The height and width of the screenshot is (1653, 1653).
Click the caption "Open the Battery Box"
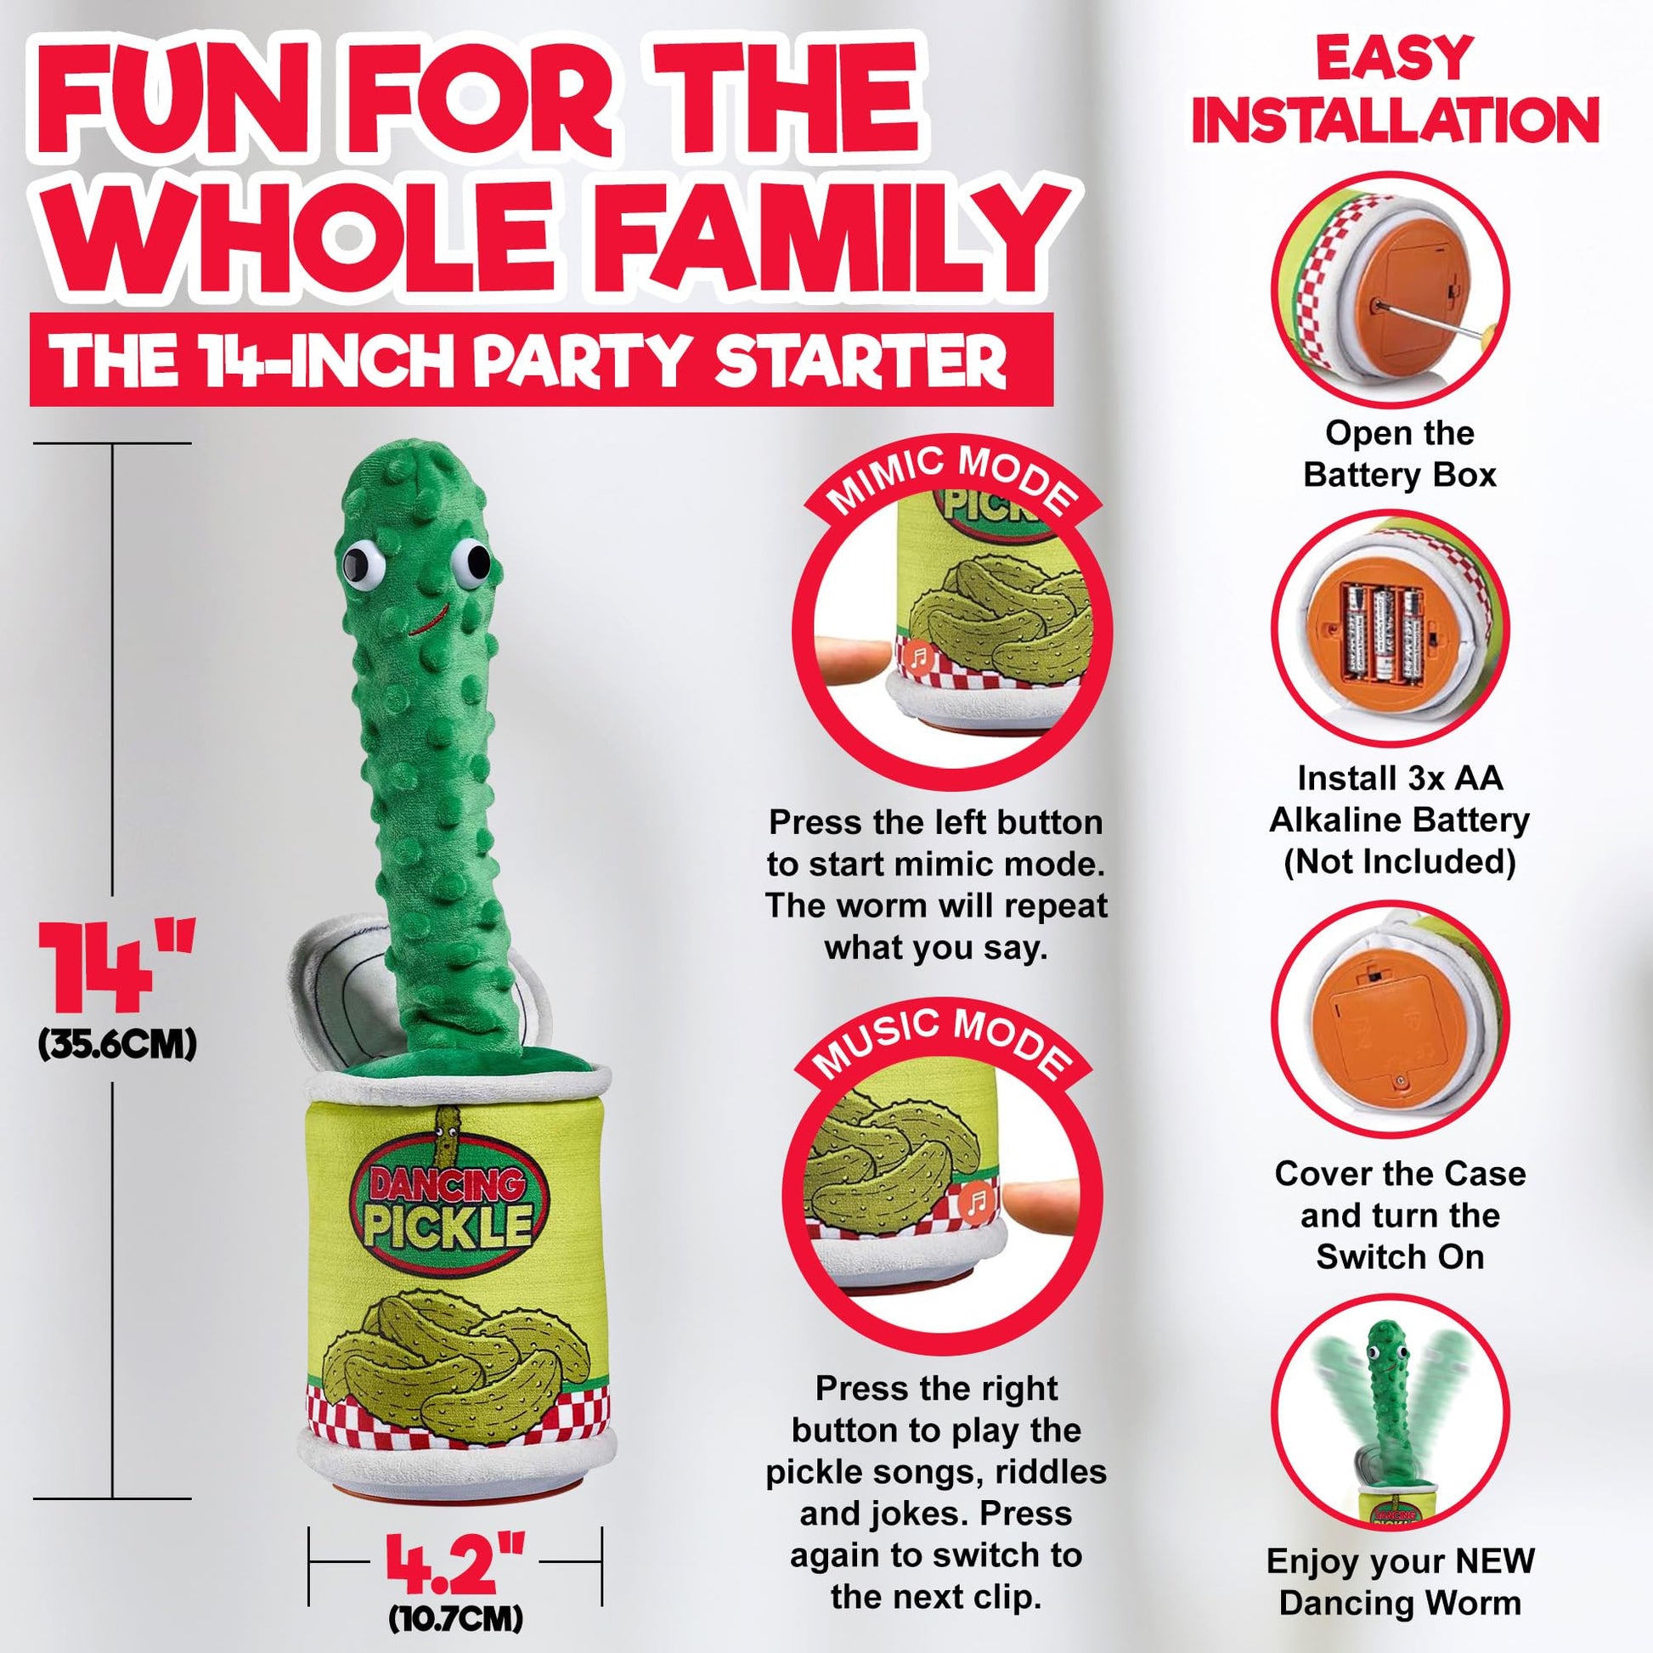[1400, 454]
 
